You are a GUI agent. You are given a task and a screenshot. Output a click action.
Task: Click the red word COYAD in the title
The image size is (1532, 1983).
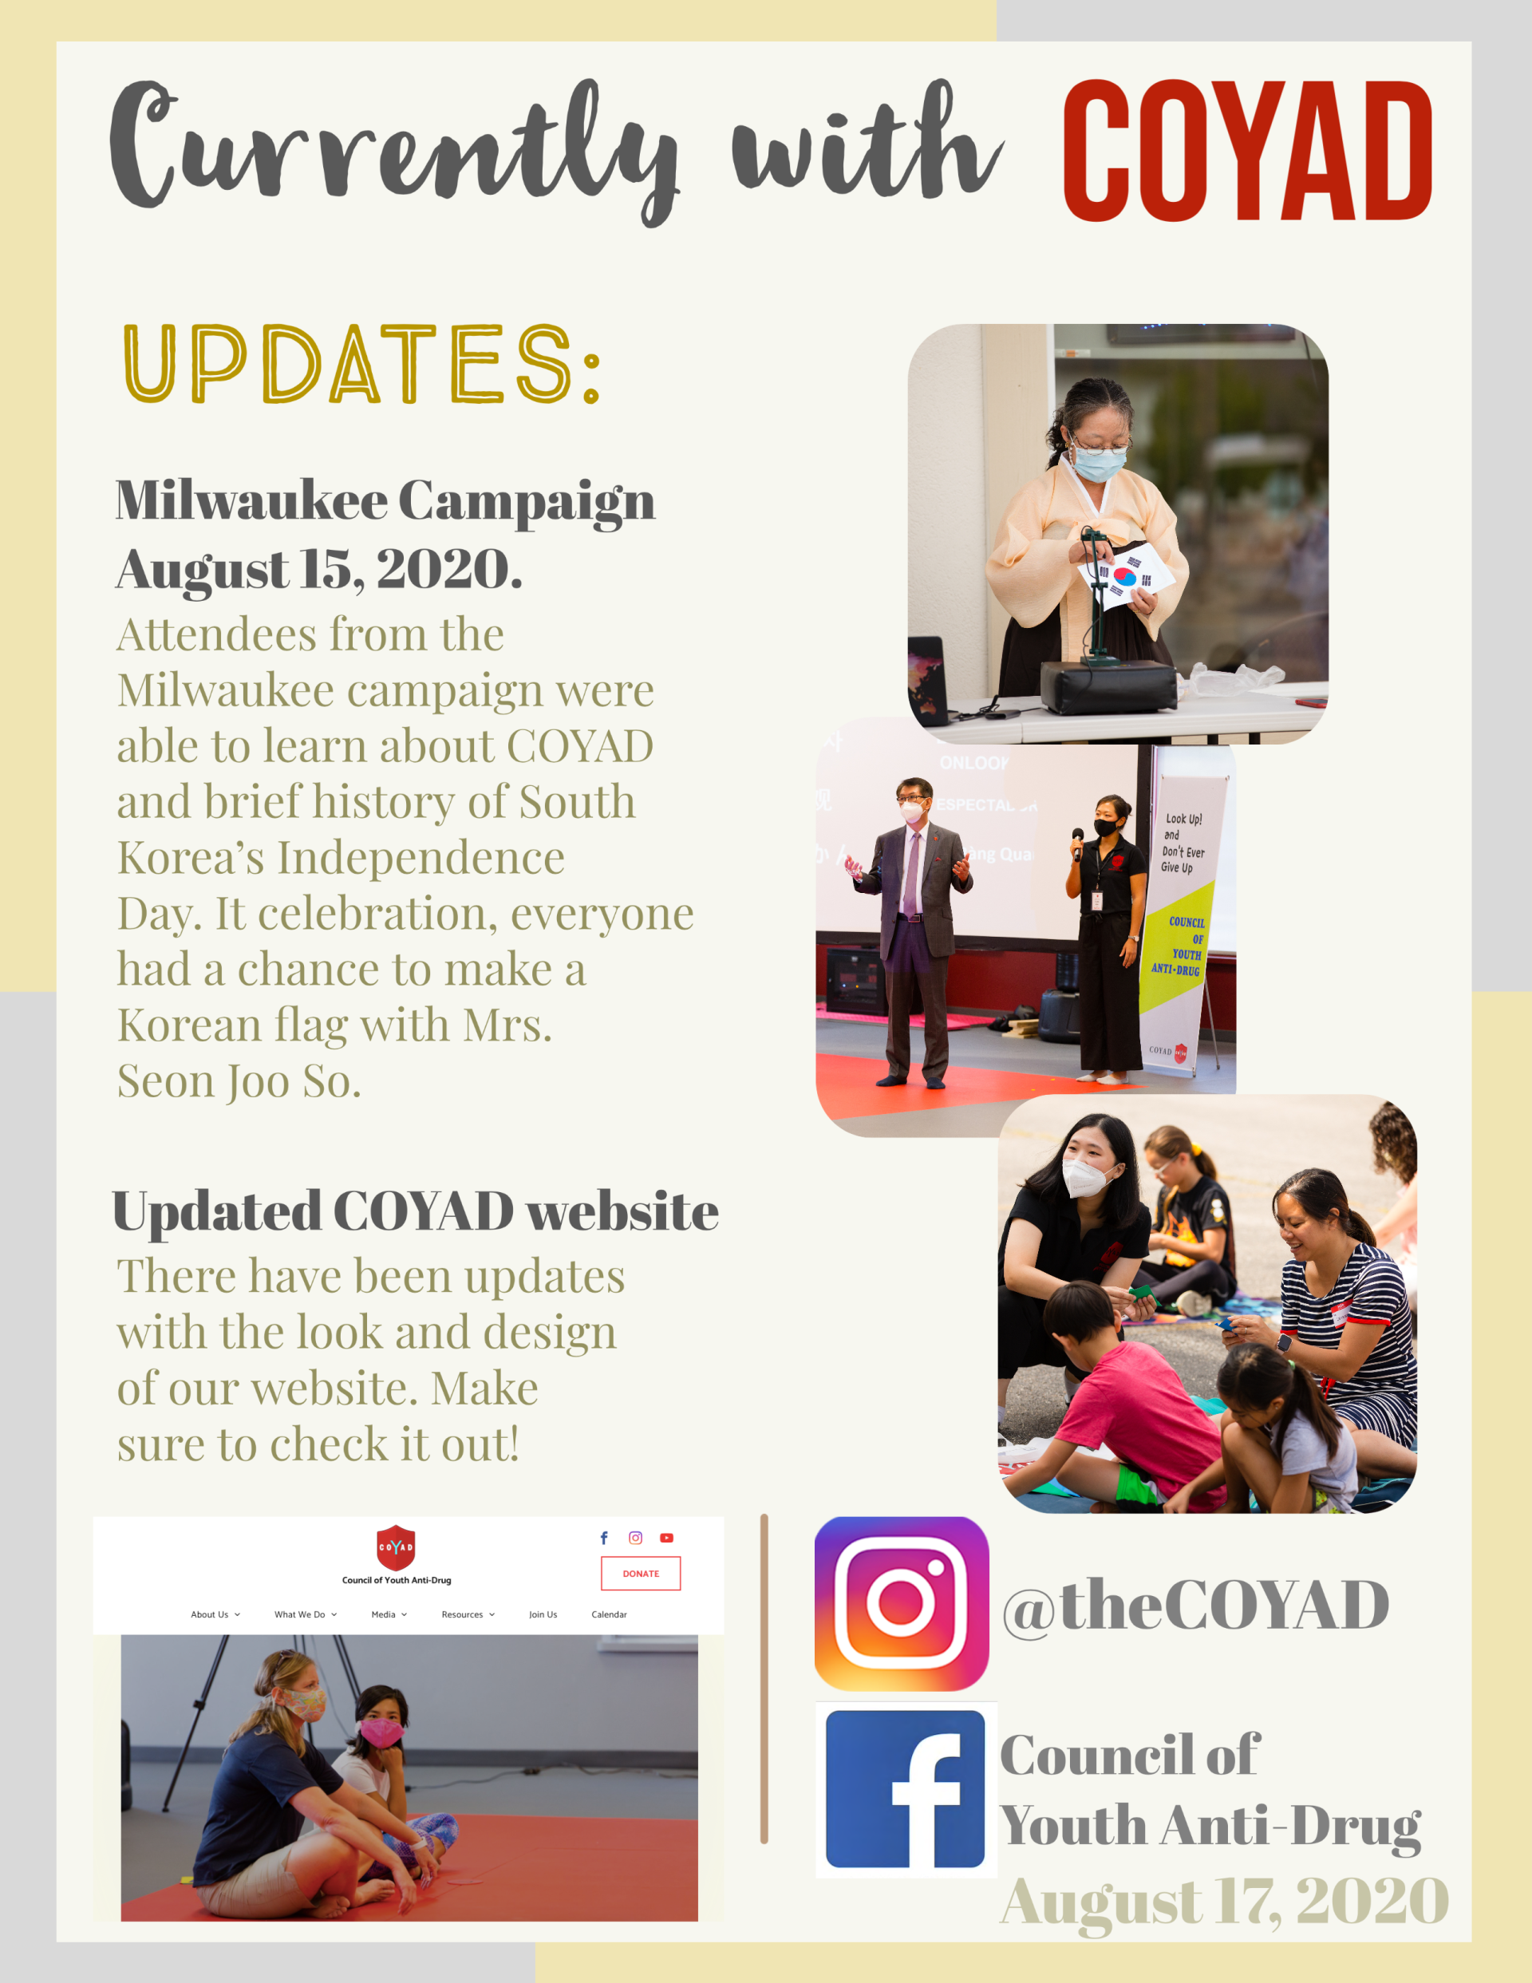1247,151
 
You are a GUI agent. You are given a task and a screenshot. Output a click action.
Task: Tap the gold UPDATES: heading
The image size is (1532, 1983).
361,363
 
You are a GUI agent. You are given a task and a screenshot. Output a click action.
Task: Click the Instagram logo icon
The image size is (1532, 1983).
902,1603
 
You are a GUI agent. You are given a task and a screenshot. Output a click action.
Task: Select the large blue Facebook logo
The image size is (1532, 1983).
906,1789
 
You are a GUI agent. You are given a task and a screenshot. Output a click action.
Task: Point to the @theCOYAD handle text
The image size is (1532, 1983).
1195,1606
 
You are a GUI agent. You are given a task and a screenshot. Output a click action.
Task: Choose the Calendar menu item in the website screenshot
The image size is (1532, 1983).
610,1614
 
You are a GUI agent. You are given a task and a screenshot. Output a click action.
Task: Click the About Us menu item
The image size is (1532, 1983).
215,1614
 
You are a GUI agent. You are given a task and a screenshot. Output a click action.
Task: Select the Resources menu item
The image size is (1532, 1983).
468,1614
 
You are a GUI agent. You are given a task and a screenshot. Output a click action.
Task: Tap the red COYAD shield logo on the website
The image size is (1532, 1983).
396,1547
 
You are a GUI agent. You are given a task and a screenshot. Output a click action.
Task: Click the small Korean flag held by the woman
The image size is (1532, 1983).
1126,577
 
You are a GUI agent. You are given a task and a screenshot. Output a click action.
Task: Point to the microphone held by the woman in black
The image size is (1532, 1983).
1078,842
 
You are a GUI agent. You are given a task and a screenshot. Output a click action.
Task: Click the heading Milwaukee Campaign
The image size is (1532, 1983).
385,500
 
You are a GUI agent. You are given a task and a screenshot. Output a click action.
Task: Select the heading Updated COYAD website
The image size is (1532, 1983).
415,1211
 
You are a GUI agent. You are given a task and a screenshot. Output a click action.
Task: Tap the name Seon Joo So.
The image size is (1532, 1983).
239,1081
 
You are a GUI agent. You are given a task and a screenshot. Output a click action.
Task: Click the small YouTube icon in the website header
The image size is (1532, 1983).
666,1538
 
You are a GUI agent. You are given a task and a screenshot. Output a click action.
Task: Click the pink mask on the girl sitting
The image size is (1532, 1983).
381,1732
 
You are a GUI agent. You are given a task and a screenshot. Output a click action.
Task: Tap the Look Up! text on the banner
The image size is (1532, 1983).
1184,819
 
